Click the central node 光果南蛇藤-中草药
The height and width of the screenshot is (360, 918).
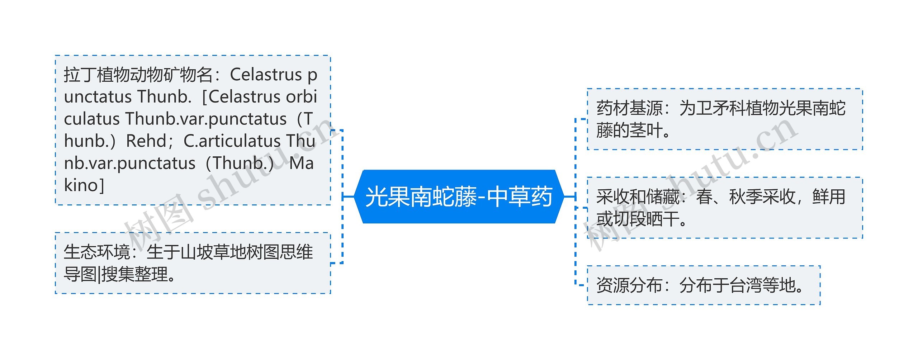pos(459,197)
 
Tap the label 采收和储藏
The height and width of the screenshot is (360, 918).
pos(638,197)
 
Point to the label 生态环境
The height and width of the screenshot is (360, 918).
pos(96,252)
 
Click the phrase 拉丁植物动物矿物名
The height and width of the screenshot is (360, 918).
pos(138,75)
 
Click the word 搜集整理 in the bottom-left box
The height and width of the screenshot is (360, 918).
pos(134,274)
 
